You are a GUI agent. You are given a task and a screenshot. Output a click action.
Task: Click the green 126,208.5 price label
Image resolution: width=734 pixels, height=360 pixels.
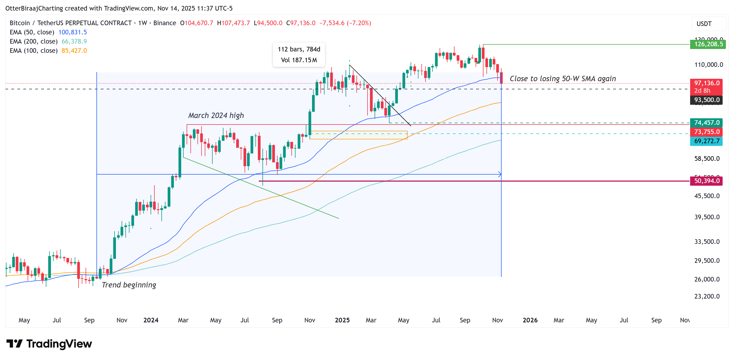(x=707, y=44)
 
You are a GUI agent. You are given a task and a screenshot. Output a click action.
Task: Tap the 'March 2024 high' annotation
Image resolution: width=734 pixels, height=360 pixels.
(x=216, y=115)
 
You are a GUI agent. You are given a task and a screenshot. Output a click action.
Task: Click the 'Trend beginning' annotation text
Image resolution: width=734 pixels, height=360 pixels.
(x=129, y=285)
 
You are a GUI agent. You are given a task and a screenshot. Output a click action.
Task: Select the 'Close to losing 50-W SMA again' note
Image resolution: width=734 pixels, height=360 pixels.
(x=563, y=78)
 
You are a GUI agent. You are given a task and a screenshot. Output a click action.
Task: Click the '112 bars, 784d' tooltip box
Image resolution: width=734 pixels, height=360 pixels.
(x=299, y=55)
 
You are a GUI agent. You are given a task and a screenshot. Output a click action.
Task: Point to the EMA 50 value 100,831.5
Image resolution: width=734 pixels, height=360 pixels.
(x=72, y=32)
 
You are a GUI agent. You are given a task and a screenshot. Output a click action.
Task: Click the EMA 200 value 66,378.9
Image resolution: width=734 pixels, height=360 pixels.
(x=74, y=41)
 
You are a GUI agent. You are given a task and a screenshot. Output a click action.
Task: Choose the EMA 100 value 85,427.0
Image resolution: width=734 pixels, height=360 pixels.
(x=74, y=50)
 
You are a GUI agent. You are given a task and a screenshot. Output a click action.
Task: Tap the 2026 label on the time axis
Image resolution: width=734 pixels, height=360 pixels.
(x=530, y=320)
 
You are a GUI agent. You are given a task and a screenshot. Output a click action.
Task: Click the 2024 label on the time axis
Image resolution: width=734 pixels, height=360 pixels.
(x=151, y=320)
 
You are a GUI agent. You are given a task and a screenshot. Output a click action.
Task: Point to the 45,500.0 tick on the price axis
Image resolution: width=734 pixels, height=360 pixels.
(x=707, y=196)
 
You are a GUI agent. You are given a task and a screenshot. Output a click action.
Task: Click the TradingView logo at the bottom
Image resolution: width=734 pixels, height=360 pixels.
(x=49, y=344)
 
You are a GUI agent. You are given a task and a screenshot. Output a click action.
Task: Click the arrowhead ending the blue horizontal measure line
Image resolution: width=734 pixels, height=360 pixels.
(x=500, y=174)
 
